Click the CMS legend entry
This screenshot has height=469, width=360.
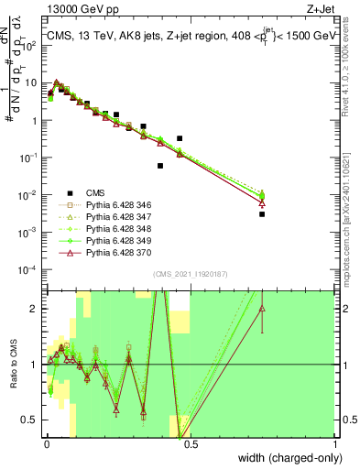click(95, 192)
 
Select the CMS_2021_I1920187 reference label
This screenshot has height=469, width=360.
click(190, 274)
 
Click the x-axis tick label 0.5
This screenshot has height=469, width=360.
click(190, 442)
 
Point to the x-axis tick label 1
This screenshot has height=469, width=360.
click(334, 442)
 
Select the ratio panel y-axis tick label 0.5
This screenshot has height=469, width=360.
click(30, 420)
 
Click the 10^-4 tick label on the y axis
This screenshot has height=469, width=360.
click(30, 269)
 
